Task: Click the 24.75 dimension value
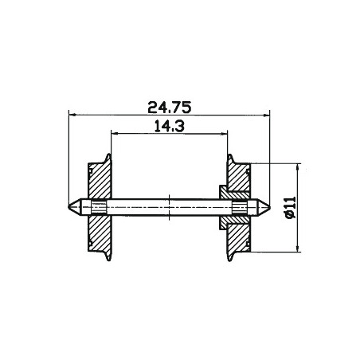click(x=170, y=108)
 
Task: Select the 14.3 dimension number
click(x=170, y=126)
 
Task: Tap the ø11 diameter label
click(x=291, y=207)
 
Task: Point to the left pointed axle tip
click(x=68, y=207)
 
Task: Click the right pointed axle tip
click(x=270, y=207)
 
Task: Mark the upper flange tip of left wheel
click(x=108, y=155)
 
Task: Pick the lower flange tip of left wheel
click(x=108, y=260)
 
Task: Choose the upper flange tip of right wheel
click(x=230, y=155)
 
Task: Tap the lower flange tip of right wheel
click(x=230, y=260)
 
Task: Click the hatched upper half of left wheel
click(x=100, y=181)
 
